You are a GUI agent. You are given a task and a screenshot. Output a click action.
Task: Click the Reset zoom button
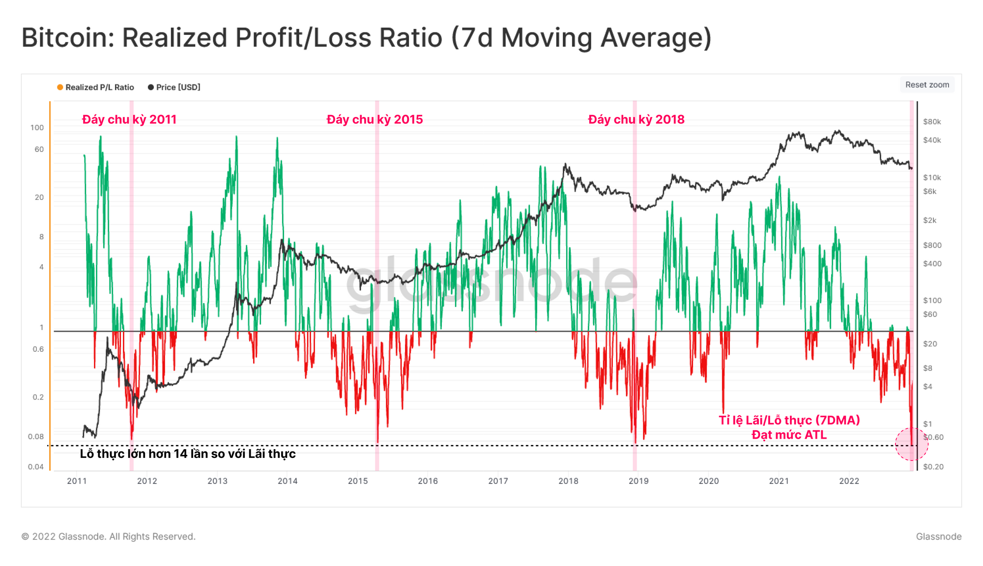pyautogui.click(x=927, y=85)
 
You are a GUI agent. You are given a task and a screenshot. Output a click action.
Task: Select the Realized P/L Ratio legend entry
pyautogui.click(x=95, y=87)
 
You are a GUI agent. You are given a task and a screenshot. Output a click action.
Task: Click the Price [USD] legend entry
pyautogui.click(x=174, y=87)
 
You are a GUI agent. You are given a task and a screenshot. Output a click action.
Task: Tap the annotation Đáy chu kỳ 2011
pyautogui.click(x=129, y=119)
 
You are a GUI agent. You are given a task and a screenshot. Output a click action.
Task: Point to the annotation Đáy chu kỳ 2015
pyautogui.click(x=375, y=119)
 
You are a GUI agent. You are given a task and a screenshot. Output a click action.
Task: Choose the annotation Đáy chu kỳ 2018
pyautogui.click(x=636, y=119)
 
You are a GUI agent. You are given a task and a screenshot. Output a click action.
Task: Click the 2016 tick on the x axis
pyautogui.click(x=428, y=481)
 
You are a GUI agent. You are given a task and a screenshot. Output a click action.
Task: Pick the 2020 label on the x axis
pyautogui.click(x=708, y=481)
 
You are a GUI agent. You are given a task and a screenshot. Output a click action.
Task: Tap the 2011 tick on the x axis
pyautogui.click(x=77, y=481)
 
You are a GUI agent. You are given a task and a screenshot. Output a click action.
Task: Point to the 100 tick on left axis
pyautogui.click(x=37, y=128)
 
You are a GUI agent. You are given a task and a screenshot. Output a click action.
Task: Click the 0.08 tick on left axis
pyautogui.click(x=36, y=437)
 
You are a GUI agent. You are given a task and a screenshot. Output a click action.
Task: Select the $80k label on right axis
pyautogui.click(x=932, y=122)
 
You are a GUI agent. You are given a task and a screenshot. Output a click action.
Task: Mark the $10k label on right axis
pyautogui.click(x=932, y=177)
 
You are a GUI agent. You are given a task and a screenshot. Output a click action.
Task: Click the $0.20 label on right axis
pyautogui.click(x=933, y=467)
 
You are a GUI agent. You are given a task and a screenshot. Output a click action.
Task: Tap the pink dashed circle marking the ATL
pyautogui.click(x=911, y=444)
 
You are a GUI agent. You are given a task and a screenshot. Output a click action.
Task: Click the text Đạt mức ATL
pyautogui.click(x=789, y=435)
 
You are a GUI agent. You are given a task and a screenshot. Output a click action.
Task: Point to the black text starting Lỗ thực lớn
pyautogui.click(x=188, y=453)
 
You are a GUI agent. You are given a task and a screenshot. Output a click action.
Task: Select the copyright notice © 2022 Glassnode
pyautogui.click(x=108, y=537)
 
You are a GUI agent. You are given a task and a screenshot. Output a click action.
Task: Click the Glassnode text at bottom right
pyautogui.click(x=938, y=537)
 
